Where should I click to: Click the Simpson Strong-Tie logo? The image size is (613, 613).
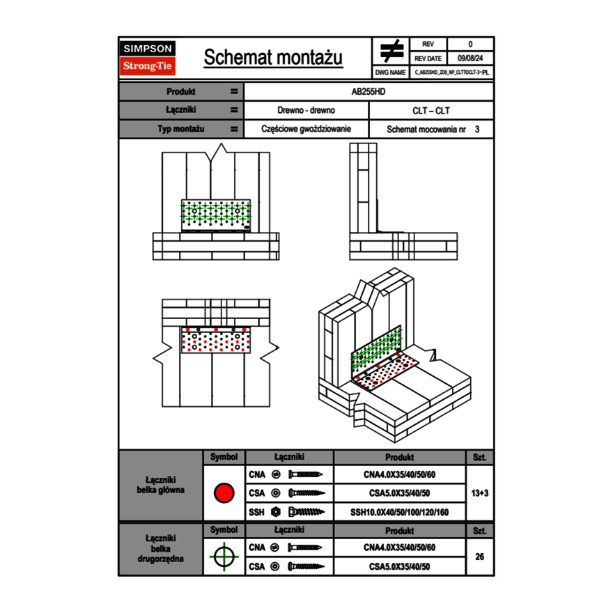click(148, 58)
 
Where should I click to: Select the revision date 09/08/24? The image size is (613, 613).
click(470, 59)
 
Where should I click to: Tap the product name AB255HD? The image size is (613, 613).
click(368, 91)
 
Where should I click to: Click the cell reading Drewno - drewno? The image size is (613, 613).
click(306, 110)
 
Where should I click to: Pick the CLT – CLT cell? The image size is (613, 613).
click(431, 110)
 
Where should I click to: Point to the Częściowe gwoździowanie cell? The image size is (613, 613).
click(306, 129)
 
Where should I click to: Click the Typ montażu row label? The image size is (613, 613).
click(180, 129)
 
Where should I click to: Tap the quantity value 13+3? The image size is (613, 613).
click(480, 493)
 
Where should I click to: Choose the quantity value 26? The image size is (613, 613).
click(480, 557)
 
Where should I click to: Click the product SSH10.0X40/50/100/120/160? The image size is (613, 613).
click(399, 512)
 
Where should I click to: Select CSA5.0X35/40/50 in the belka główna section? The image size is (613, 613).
click(399, 493)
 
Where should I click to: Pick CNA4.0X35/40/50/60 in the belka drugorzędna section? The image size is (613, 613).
click(399, 548)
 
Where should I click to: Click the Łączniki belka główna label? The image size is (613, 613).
click(161, 485)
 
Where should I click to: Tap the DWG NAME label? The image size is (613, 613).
click(390, 72)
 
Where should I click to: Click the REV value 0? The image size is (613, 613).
click(470, 45)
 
